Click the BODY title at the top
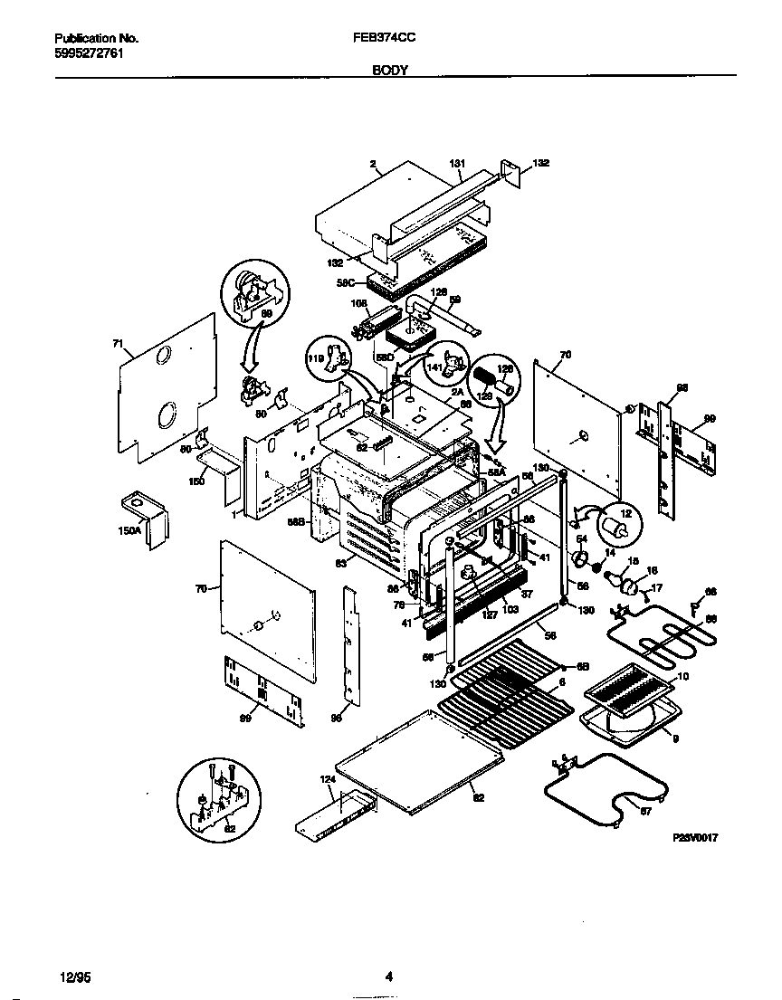(390, 69)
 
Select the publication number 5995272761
(90, 53)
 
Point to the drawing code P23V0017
(695, 840)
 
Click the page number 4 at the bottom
(388, 976)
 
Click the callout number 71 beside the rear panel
(117, 344)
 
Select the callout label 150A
(129, 532)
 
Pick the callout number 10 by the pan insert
(682, 676)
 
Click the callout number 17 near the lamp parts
(657, 588)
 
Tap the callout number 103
(510, 610)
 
